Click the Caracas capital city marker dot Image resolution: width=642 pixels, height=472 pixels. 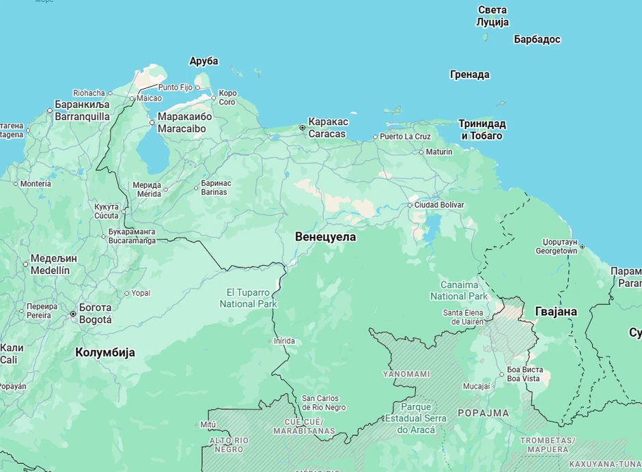[303, 128]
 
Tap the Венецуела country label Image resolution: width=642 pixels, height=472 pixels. [325, 237]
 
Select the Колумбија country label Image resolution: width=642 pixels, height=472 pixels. [104, 352]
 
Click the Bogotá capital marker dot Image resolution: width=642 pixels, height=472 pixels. [73, 314]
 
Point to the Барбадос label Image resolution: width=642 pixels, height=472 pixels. [537, 40]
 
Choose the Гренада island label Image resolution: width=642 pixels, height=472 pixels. [469, 74]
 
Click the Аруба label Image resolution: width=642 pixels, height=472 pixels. [204, 61]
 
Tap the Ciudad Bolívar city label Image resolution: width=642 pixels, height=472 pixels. [439, 205]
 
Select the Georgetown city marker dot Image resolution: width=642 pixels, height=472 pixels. [582, 247]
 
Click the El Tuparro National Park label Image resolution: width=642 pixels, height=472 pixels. [248, 298]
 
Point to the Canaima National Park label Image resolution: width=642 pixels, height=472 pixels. [459, 290]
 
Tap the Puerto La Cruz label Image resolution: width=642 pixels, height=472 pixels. [405, 137]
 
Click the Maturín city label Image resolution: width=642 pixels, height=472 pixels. [438, 152]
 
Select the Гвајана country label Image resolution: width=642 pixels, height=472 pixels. [555, 312]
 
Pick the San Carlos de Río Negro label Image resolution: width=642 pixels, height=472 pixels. [324, 403]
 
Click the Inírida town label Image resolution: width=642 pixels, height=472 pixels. [284, 341]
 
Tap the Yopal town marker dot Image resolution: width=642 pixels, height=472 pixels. [126, 294]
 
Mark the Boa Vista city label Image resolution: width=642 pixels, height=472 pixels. [524, 374]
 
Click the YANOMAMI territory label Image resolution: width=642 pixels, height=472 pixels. [406, 374]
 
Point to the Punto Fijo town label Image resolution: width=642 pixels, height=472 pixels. [175, 87]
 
